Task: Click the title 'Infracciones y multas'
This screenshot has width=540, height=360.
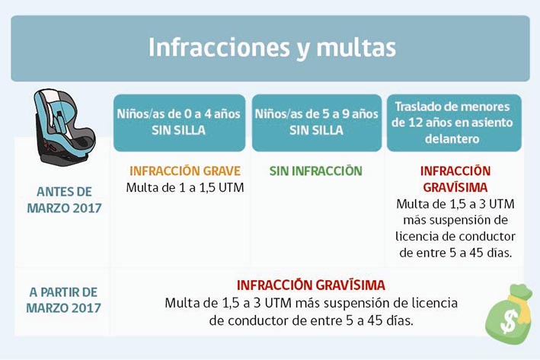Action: click(272, 48)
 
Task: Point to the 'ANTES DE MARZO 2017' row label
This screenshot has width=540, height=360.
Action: click(65, 200)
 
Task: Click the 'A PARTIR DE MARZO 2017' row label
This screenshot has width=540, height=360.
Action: click(64, 300)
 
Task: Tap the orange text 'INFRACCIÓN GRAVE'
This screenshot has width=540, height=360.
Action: click(185, 171)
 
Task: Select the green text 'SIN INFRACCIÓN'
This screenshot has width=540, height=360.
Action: click(316, 171)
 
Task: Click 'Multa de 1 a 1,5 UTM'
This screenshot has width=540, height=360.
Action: click(185, 187)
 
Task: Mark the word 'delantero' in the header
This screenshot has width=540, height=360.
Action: click(452, 139)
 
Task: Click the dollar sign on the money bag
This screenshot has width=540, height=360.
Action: click(509, 320)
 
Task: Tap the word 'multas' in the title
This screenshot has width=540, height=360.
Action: click(356, 48)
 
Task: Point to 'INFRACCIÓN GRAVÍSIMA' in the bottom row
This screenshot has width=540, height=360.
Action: click(311, 285)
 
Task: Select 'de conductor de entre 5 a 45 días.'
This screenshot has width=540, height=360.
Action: click(311, 320)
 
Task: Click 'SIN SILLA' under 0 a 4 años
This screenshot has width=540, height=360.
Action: click(179, 130)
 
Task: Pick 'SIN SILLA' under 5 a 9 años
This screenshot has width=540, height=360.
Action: click(317, 130)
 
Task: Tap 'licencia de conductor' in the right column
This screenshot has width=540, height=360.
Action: click(455, 237)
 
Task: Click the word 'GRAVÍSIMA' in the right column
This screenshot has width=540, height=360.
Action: click(455, 187)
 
